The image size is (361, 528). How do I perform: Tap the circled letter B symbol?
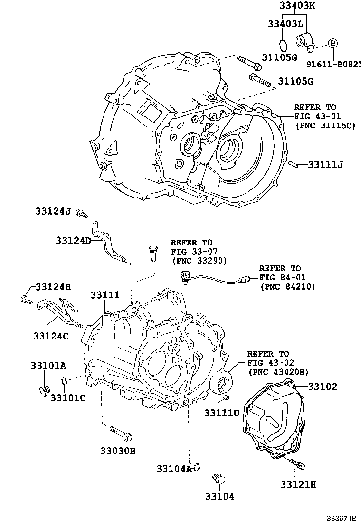pos(333,43)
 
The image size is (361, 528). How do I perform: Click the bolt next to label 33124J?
pos(83,214)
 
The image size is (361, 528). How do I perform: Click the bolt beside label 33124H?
pos(26,299)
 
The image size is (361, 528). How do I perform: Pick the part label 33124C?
pos(51,336)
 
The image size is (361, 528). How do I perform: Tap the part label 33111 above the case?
pos(105,295)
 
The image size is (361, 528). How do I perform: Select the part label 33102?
pos(323,387)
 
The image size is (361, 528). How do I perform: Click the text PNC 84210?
pos(288,287)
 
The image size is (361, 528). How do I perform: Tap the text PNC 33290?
pos(199,261)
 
